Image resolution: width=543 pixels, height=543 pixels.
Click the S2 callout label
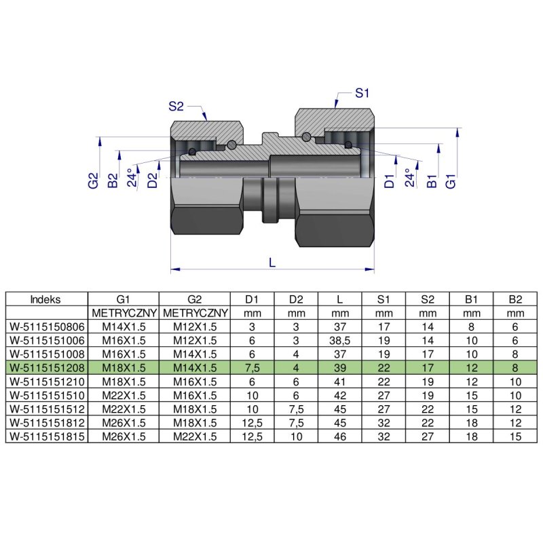176,106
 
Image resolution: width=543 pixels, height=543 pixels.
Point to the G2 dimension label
94,181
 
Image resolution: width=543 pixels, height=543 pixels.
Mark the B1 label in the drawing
431,181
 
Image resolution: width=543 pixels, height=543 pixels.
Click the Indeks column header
46,299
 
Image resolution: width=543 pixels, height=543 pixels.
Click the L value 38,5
339,339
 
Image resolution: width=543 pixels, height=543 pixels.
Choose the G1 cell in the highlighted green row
124,367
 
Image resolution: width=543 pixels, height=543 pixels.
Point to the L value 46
339,436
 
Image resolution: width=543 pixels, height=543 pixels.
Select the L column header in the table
339,299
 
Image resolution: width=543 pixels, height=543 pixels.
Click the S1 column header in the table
383,299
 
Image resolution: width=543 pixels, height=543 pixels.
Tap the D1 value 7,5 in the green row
252,367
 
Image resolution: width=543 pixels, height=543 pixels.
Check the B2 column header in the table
515,299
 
